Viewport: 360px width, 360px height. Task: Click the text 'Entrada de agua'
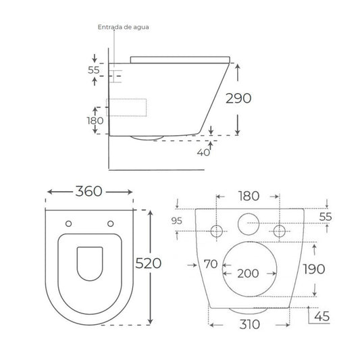[124, 27]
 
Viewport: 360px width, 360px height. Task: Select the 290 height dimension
[238, 98]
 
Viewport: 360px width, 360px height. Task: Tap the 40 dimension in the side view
[203, 152]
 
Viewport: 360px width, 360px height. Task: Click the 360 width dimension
[89, 191]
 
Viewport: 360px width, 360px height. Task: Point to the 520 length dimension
[149, 263]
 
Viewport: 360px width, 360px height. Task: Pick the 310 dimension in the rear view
[249, 324]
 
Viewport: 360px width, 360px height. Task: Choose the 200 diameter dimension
[248, 274]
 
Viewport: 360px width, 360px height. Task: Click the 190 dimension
[314, 269]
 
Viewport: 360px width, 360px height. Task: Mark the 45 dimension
[322, 316]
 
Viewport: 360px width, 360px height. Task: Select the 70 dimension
[211, 264]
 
